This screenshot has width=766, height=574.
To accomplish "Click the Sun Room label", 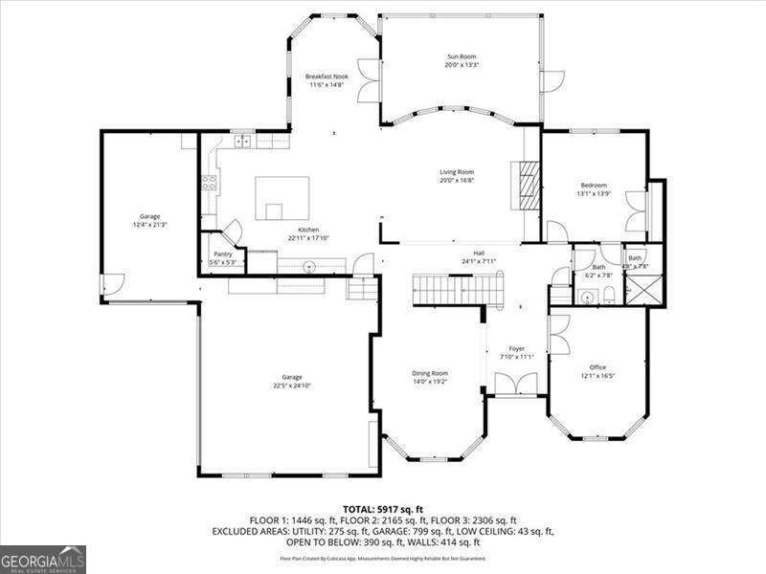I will pos(461,57).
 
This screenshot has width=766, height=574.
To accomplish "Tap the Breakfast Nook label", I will pos(327,77).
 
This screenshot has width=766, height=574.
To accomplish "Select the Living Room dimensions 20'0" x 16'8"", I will pos(458,180).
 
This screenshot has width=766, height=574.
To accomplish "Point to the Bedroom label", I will pos(593,186).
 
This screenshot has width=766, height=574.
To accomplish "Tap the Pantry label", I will pos(223,254).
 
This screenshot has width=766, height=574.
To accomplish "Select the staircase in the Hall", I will pos(457,286).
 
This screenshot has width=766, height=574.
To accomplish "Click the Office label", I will pos(598,367).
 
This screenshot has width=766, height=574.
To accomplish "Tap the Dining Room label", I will pos(430,373).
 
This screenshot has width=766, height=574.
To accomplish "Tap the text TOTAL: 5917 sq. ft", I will pos(383,509).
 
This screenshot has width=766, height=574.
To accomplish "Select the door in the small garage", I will pos(113,284).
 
